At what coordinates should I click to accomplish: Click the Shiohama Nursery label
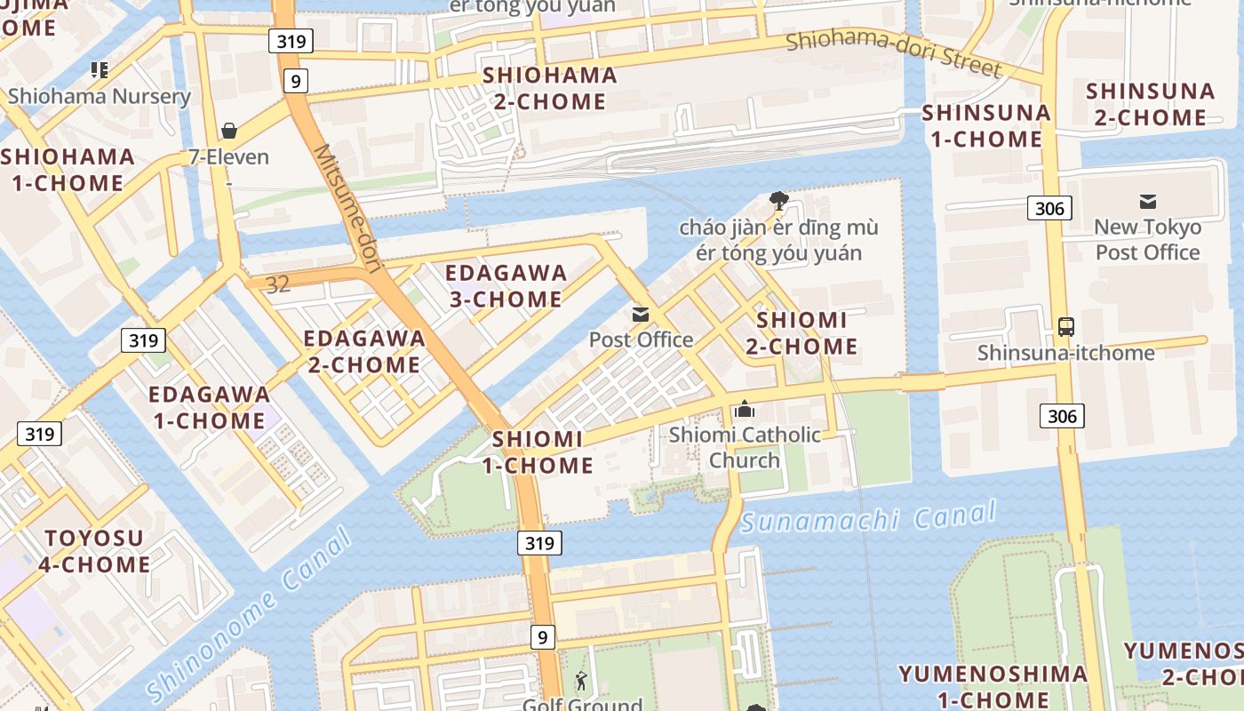100,96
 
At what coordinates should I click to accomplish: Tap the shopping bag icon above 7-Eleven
229,132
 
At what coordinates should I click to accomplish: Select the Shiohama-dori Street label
893,53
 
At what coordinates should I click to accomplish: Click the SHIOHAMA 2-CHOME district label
550,88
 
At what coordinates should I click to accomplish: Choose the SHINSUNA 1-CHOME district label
986,126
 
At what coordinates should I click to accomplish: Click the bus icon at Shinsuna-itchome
1065,327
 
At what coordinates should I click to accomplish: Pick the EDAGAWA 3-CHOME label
506,286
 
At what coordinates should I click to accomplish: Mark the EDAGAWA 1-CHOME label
210,407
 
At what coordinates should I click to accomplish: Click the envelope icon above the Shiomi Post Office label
641,315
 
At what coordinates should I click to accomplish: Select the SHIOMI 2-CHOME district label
801,333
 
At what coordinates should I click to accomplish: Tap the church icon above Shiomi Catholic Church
745,410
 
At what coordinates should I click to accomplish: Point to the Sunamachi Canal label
868,517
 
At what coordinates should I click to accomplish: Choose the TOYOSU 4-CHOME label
94,551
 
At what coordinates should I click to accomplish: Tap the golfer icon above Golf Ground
581,682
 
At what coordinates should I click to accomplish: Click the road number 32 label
277,284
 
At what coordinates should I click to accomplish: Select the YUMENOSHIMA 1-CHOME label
993,686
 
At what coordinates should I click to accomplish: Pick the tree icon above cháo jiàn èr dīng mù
779,201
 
